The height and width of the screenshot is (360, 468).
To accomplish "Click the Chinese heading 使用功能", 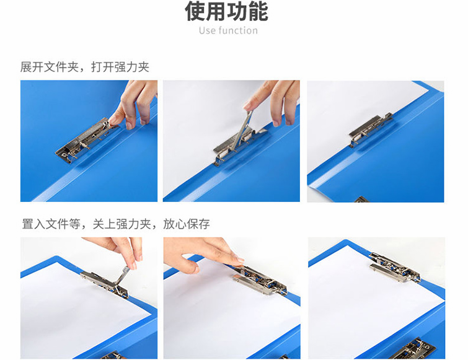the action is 226,11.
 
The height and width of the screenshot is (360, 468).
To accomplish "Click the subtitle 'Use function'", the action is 228,31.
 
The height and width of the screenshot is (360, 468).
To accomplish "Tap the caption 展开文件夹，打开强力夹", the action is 85,67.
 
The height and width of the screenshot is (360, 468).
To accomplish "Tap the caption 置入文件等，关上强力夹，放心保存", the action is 116,224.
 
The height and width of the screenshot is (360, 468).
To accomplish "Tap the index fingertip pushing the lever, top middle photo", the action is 248,106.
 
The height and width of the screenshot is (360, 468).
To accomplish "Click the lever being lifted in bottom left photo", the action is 121,275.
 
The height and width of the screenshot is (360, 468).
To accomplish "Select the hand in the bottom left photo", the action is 118,250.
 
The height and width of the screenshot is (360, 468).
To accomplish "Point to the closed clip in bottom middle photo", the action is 260,280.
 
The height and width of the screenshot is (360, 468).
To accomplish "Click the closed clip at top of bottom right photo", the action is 395,268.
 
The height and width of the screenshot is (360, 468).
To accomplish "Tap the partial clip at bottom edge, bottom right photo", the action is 412,349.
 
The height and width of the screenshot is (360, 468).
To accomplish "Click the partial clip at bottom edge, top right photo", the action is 361,200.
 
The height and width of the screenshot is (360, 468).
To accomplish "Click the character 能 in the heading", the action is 258,11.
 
